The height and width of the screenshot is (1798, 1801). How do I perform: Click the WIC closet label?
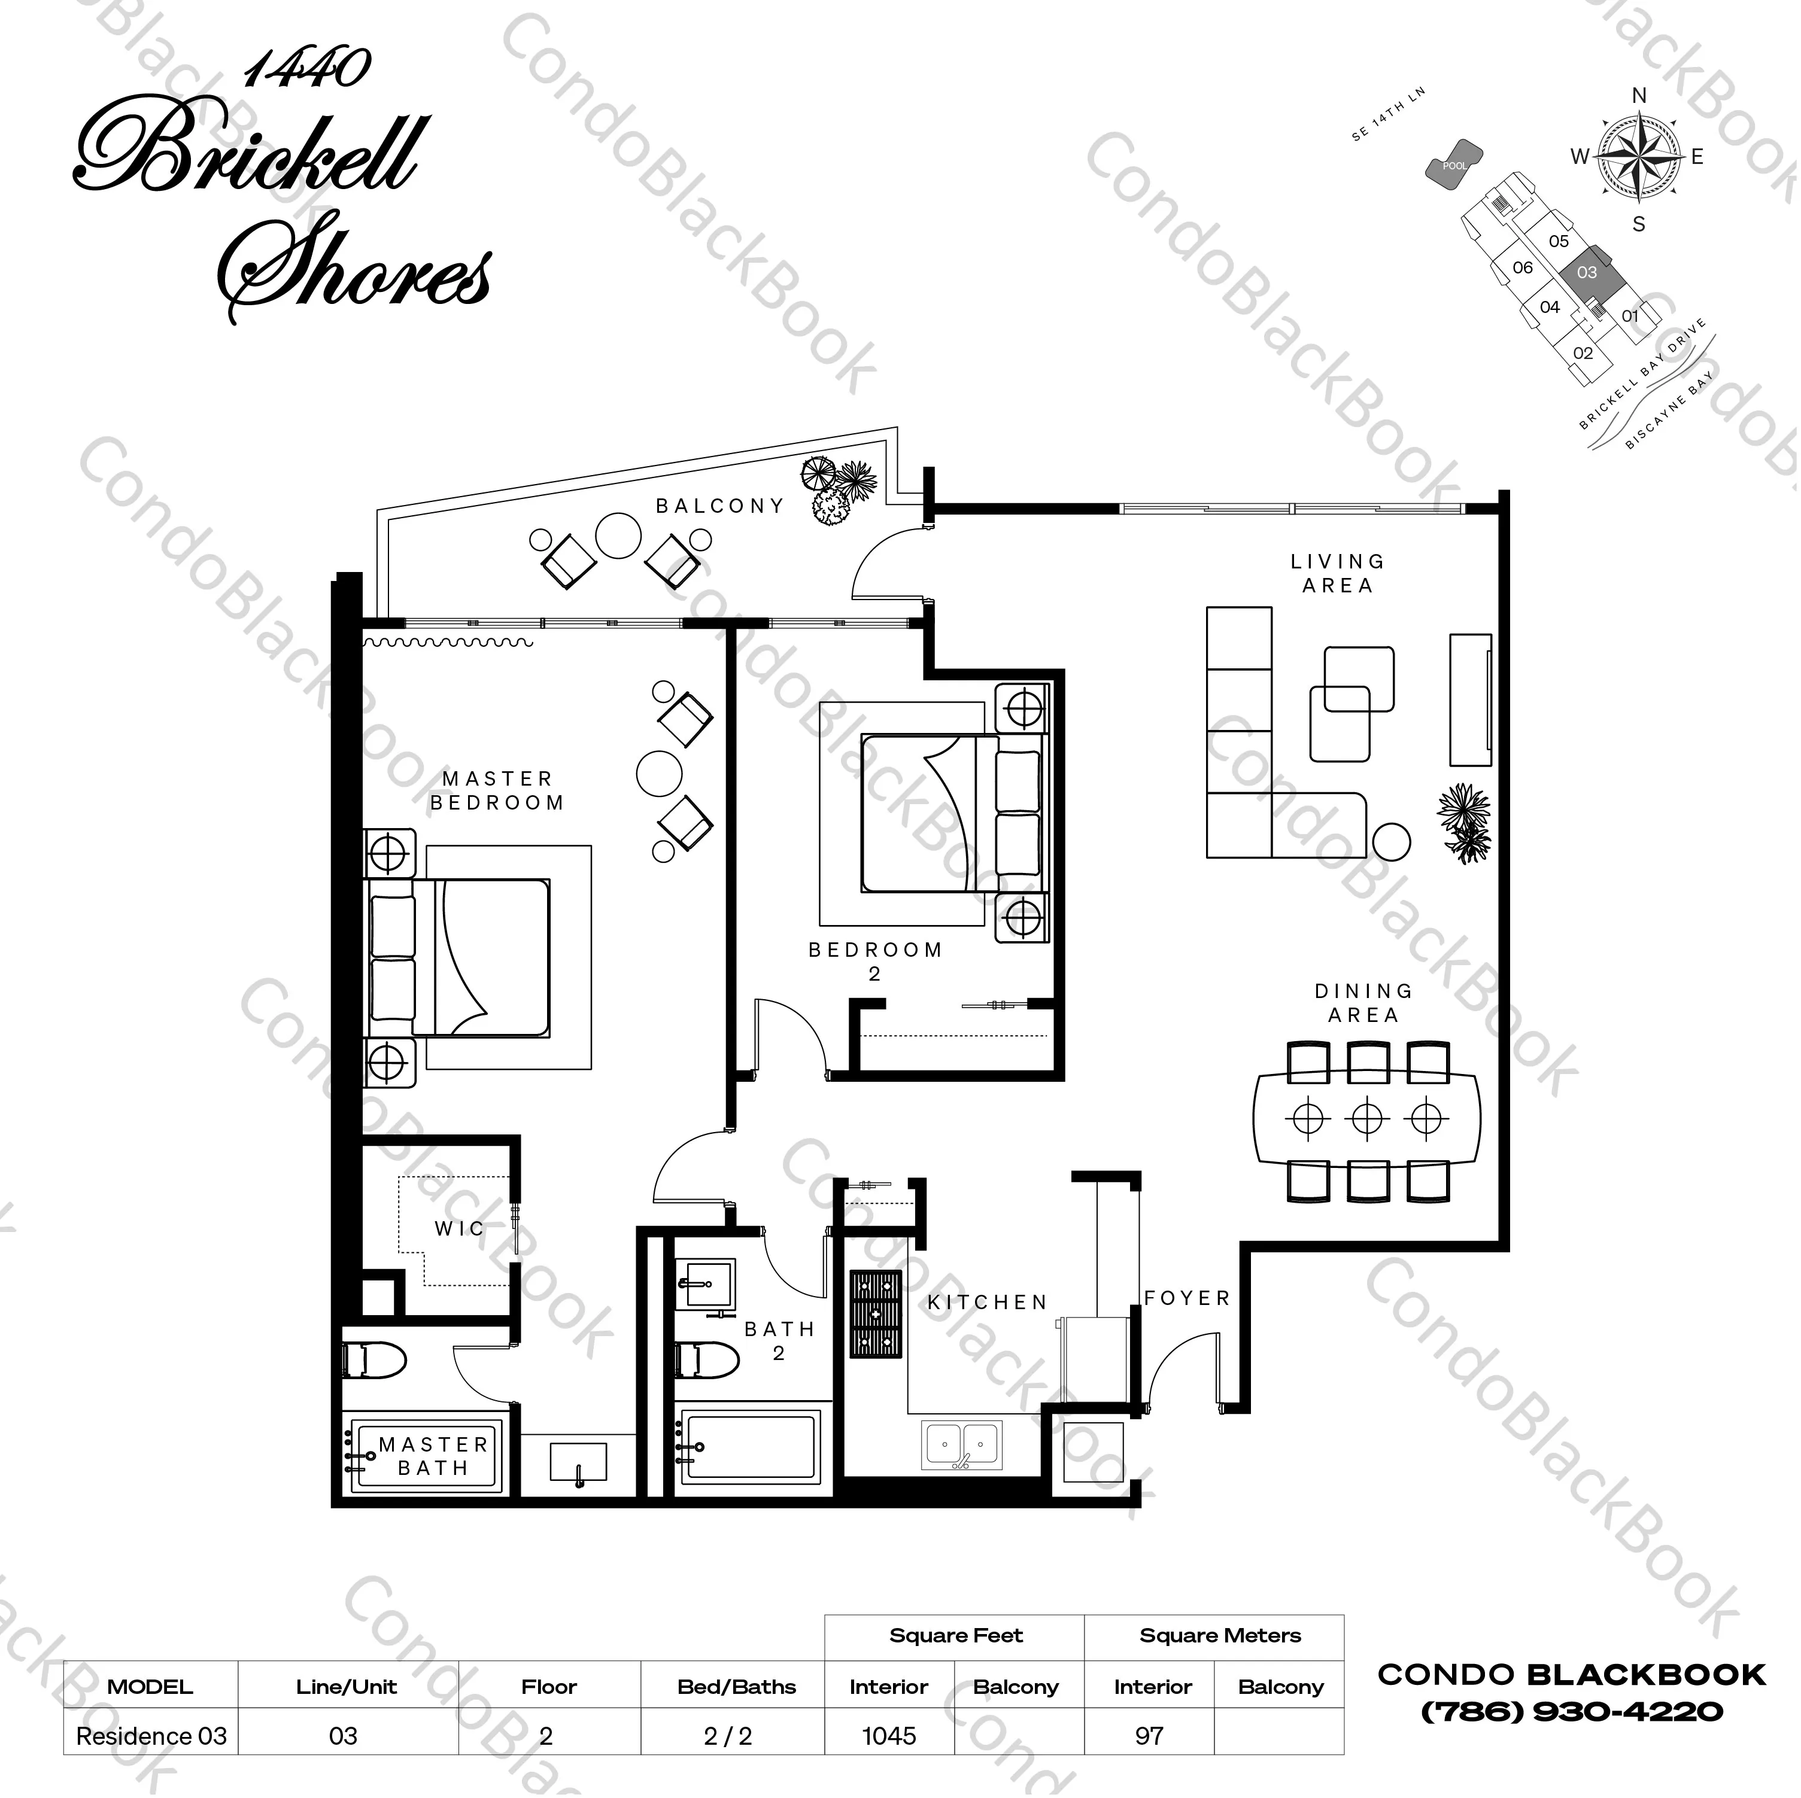pos(460,1228)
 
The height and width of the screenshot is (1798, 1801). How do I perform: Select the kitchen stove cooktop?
pos(875,1315)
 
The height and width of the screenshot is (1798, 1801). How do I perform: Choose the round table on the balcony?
pos(618,537)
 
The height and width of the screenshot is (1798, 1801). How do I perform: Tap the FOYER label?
pos(1187,1298)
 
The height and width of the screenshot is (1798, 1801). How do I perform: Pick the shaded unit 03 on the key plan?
pos(1587,273)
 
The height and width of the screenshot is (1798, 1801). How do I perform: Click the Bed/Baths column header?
pos(736,1686)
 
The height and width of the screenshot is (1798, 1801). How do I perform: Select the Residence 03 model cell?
pos(151,1736)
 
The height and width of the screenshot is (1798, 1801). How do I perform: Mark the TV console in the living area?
pos(1470,699)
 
